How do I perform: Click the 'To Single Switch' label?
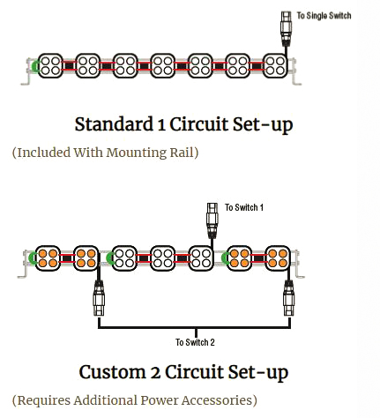324,16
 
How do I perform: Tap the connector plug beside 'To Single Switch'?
286,29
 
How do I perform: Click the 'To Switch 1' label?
244,207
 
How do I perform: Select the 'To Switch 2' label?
195,342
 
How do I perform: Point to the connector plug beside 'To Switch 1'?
212,220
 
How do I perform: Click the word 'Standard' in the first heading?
114,124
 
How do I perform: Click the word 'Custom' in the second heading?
112,372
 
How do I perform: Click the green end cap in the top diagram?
34,66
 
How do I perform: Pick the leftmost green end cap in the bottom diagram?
32,258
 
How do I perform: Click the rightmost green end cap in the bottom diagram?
225,258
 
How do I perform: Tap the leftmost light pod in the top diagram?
50,66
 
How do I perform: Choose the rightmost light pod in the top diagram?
275,66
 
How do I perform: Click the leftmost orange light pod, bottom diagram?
48,258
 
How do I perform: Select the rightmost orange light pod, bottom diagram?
278,258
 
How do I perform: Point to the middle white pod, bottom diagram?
163,258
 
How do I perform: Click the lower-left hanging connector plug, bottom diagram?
99,298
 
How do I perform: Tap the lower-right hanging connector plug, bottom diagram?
289,298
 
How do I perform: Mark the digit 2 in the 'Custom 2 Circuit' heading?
155,372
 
